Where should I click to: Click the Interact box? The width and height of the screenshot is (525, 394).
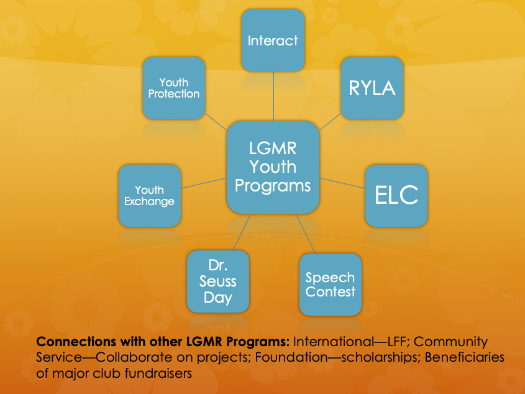273,41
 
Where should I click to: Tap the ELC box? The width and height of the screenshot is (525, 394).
396,195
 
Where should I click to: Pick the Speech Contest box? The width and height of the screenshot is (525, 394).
330,284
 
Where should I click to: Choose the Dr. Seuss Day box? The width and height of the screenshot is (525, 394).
218,282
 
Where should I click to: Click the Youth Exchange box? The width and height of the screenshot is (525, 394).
150,195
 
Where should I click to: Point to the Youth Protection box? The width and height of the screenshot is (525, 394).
173,88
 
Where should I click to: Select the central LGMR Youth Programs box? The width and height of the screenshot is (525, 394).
273,167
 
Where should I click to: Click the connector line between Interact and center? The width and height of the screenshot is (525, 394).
273,96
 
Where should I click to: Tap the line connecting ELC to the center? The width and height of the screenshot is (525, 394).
342,183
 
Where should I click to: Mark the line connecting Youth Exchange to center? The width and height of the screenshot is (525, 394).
204,184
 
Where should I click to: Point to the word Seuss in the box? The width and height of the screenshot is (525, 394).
218,282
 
